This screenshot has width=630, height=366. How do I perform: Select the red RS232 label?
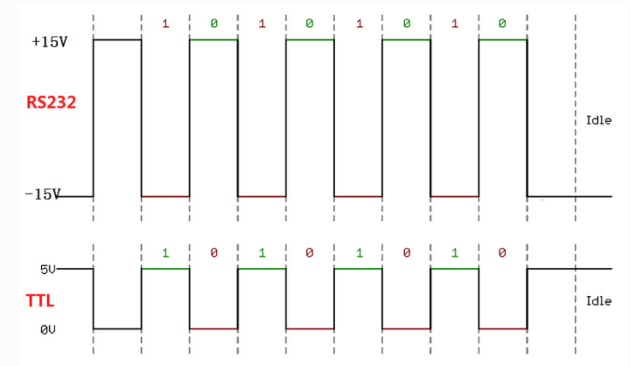pyautogui.click(x=51, y=102)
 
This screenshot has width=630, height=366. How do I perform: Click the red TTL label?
pyautogui.click(x=40, y=300)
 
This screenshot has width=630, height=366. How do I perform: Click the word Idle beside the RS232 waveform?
pyautogui.click(x=598, y=120)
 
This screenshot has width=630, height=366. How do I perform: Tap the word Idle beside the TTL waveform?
pyautogui.click(x=598, y=300)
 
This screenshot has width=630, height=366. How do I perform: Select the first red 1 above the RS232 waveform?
pyautogui.click(x=164, y=23)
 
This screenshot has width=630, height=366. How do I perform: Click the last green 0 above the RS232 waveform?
pyautogui.click(x=502, y=23)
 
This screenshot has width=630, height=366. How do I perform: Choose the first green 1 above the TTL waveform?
pyautogui.click(x=164, y=253)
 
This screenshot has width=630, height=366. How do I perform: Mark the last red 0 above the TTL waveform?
pyautogui.click(x=502, y=253)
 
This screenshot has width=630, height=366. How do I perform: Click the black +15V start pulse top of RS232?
pyautogui.click(x=117, y=39)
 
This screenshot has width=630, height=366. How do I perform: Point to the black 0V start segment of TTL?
pyautogui.click(x=117, y=329)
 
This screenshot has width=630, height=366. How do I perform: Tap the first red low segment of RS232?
pyautogui.click(x=165, y=196)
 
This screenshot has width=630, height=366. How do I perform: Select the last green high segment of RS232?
pyautogui.click(x=502, y=39)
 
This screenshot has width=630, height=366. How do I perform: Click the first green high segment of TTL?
pyautogui.click(x=165, y=268)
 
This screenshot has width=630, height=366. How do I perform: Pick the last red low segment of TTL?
pyautogui.click(x=502, y=329)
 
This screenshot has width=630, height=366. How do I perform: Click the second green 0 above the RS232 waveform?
pyautogui.click(x=309, y=23)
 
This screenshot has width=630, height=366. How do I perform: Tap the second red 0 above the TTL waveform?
pyautogui.click(x=309, y=253)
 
